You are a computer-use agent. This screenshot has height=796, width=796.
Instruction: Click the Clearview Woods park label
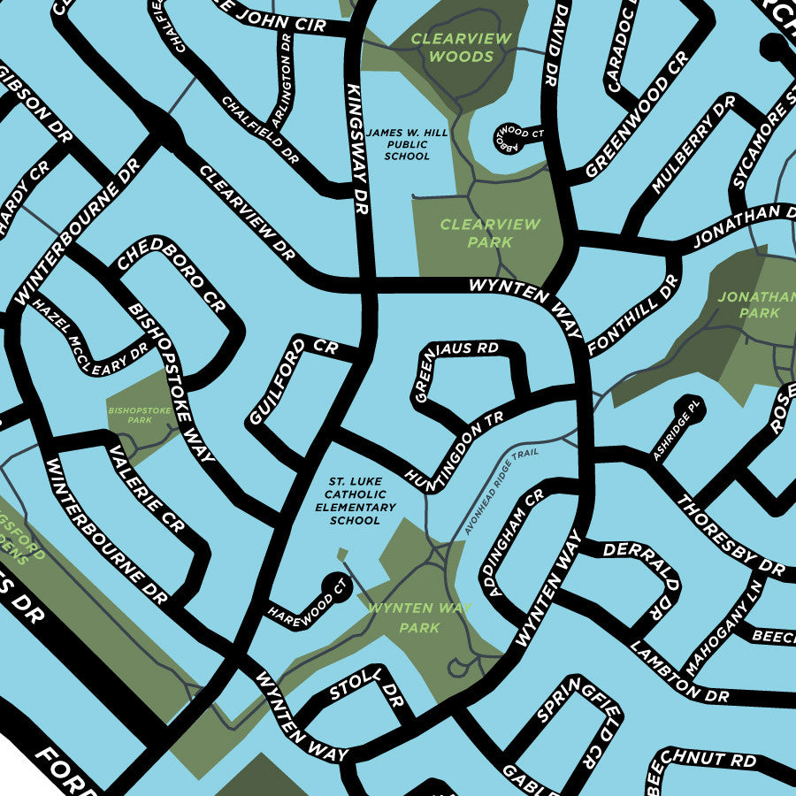[x=461, y=48]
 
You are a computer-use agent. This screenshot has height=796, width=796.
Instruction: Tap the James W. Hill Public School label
[x=408, y=144]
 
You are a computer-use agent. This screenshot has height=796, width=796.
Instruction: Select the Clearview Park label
[x=490, y=233]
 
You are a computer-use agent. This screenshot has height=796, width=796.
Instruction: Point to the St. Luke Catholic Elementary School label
[x=356, y=501]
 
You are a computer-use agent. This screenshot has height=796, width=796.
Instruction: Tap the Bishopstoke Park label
[x=130, y=416]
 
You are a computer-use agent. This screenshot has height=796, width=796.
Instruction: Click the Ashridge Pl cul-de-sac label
[x=677, y=430]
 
